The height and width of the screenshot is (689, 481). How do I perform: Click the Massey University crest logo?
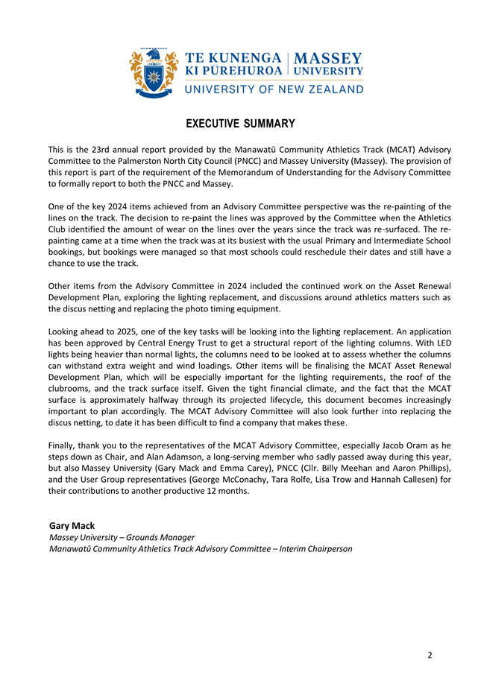click(154, 73)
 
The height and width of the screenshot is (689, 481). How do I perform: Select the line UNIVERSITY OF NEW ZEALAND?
click(274, 89)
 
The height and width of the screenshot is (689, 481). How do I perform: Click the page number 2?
click(430, 655)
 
